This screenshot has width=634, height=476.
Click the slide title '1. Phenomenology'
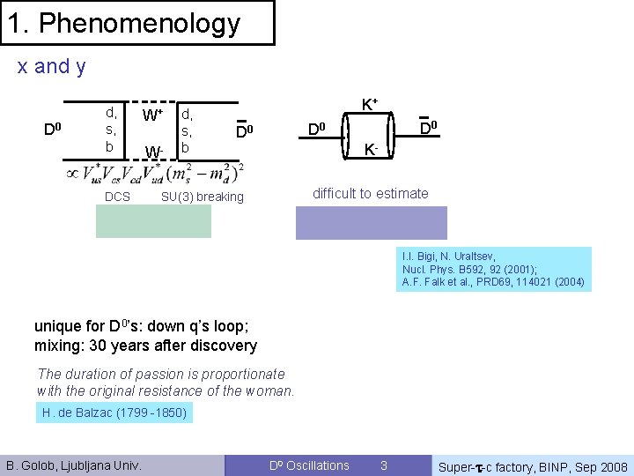click(124, 23)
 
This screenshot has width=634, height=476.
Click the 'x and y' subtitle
click(52, 66)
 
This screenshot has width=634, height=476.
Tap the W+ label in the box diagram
click(152, 115)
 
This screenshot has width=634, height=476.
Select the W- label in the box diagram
click(153, 152)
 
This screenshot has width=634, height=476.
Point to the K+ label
click(370, 104)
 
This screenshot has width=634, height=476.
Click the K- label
click(372, 151)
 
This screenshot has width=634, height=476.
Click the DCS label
click(117, 197)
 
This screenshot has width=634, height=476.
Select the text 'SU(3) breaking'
click(202, 197)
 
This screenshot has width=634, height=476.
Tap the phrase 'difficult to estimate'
click(371, 193)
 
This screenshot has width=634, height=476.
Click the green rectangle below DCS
click(154, 222)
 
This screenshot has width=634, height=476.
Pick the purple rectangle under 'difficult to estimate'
click(371, 222)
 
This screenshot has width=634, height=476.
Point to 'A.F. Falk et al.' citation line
click(493, 282)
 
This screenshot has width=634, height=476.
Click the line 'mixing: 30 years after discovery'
click(145, 346)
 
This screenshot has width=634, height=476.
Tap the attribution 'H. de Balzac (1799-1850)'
click(114, 413)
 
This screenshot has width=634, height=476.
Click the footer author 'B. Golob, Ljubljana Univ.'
click(74, 465)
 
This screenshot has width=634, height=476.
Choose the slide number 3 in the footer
click(383, 465)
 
